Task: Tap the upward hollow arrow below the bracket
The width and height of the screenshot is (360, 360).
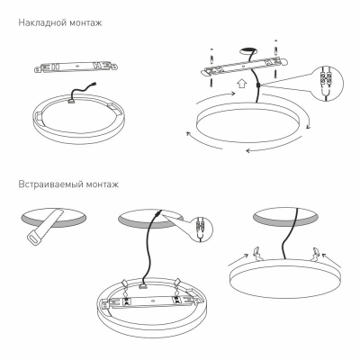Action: point(240,87)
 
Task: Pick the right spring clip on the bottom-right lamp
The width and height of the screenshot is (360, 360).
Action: point(318,253)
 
